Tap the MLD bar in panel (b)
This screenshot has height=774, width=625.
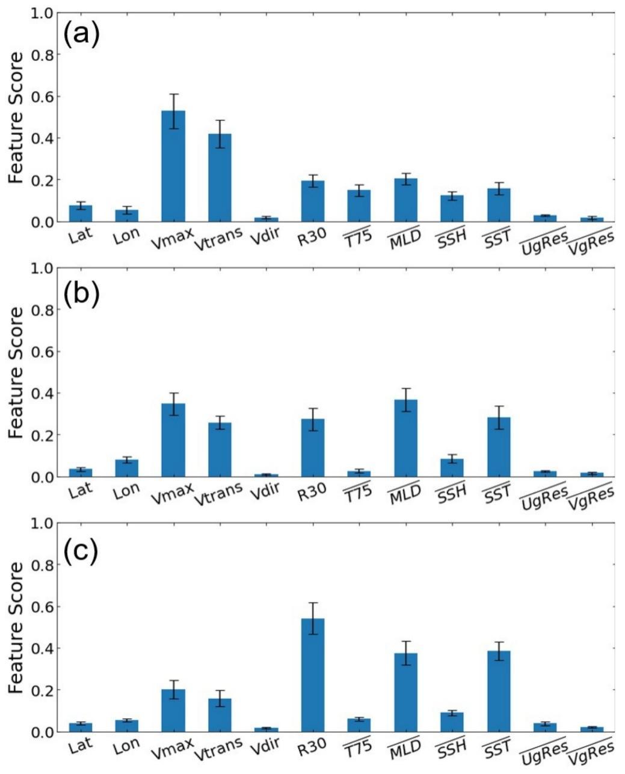(x=405, y=438)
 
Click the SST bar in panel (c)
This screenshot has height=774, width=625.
(x=499, y=692)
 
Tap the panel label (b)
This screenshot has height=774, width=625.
(x=81, y=292)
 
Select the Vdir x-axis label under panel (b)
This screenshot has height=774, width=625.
(x=266, y=493)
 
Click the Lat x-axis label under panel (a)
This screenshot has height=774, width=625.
(x=81, y=235)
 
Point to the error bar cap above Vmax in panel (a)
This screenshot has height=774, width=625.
(x=173, y=94)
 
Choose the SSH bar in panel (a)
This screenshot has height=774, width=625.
(x=452, y=209)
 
